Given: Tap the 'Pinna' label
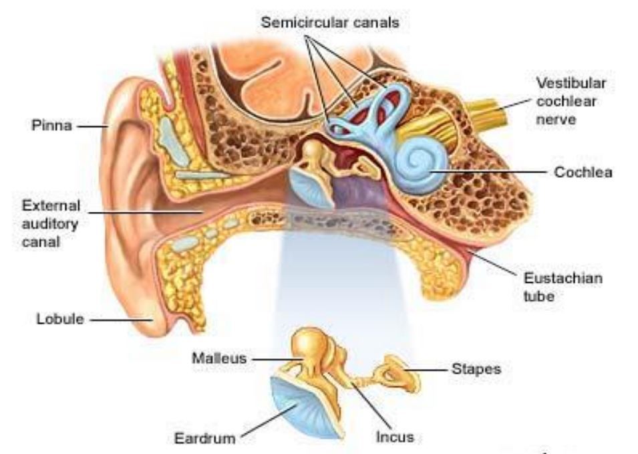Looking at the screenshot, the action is point(51,125).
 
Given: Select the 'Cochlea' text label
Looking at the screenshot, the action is point(583,173).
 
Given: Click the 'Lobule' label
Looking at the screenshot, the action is point(60,319).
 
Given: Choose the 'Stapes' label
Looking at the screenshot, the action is point(476,368).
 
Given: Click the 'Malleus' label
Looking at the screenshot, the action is point(218,358).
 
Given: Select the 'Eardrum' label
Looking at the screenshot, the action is point(205,439).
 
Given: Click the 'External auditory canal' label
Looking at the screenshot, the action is point(51,223).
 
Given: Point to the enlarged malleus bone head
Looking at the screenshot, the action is point(309,343).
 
